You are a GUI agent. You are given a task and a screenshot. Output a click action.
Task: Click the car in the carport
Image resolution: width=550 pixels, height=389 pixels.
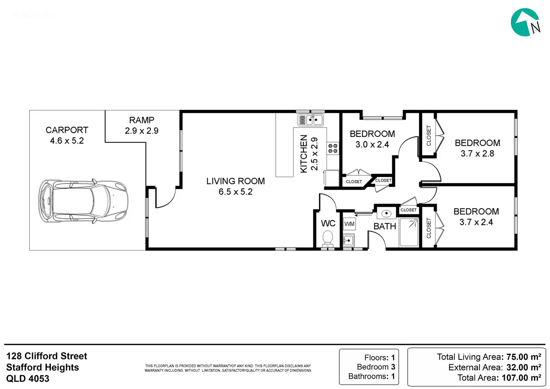point(83,201)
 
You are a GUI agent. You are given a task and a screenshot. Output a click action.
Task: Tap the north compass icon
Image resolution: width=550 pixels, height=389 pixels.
point(526,22)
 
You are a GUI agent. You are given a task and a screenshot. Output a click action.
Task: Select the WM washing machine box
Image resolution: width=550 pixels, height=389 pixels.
point(349,224)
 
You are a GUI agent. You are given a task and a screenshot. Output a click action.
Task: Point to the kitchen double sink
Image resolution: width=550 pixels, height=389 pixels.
point(310,120)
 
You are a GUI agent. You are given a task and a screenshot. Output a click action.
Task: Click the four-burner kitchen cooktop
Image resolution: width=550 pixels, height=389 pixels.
point(333,148)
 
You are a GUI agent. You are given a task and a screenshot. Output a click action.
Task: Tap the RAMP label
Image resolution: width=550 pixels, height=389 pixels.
point(142,120)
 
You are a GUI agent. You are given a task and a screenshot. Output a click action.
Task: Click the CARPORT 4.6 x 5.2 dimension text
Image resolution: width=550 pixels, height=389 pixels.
point(67,141)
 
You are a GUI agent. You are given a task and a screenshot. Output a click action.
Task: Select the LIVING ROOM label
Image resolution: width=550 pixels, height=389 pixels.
point(235,181)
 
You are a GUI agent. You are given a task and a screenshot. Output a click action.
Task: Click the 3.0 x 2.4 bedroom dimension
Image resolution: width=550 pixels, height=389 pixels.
point(372,144)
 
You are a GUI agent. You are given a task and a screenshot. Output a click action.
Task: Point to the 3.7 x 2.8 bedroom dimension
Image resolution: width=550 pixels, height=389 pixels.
point(477,153)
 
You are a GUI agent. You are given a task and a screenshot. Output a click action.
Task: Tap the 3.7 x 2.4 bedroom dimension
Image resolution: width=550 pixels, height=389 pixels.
point(476,222)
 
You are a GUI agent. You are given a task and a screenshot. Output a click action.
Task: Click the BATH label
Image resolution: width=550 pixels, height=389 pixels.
point(385,226)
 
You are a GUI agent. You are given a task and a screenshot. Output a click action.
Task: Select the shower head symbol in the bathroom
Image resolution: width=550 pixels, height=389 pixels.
point(414,223)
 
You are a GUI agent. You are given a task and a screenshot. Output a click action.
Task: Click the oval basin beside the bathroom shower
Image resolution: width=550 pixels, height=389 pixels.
point(386,213)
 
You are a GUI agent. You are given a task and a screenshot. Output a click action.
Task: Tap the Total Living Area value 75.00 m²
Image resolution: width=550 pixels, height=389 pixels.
point(524,357)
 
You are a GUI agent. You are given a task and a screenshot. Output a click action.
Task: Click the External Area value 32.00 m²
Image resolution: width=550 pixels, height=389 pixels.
point(524,367)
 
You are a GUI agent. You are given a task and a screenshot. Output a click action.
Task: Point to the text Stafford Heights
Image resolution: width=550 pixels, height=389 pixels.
point(43,367)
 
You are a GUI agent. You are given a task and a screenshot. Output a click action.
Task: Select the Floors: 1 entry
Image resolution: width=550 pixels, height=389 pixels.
point(380,358)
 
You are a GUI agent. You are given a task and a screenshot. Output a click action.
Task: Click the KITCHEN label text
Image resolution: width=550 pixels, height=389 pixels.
point(304,154)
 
